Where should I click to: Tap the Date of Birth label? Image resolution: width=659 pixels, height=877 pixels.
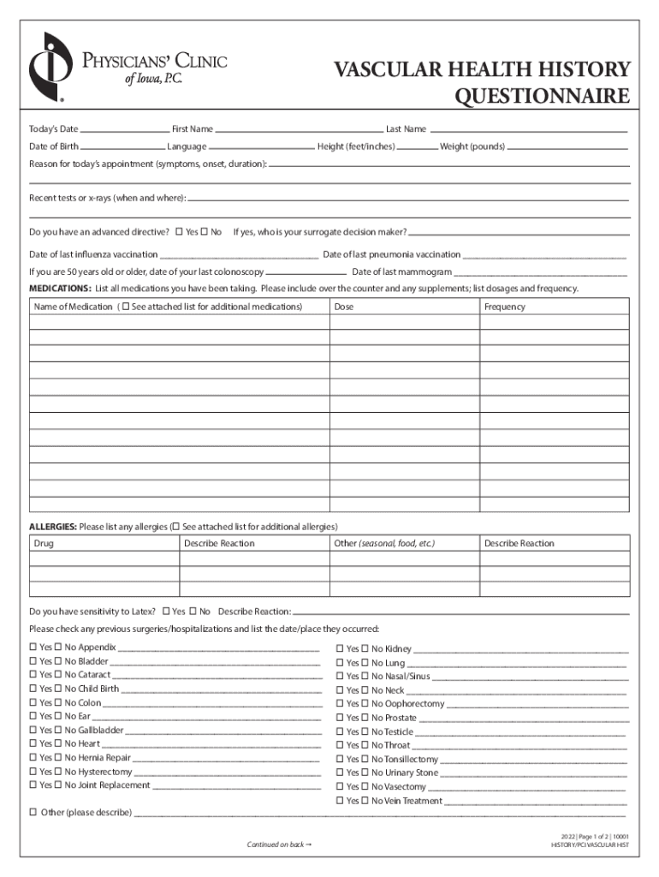coord(54,146)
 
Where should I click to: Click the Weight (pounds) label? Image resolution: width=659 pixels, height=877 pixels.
coord(472,146)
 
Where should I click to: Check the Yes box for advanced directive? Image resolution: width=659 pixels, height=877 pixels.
coord(179,231)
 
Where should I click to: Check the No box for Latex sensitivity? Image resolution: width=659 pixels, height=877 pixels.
coord(193,612)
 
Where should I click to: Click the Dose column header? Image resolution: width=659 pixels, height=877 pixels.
coord(344,307)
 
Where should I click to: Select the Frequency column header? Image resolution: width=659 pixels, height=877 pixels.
coord(504,307)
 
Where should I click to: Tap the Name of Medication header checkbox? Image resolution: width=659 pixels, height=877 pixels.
coord(126,307)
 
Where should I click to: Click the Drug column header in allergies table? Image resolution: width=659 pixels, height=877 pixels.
coord(44,543)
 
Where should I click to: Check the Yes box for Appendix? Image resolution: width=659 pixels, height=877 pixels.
coord(33,647)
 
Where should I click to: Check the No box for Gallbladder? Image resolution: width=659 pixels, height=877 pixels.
coord(58,731)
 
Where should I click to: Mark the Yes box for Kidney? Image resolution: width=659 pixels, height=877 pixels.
coord(341,649)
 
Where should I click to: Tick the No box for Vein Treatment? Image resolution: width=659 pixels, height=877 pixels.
coord(365,801)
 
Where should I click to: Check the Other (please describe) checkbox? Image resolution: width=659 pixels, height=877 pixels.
coord(33,812)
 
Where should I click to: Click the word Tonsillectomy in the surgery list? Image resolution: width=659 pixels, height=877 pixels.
coord(412,760)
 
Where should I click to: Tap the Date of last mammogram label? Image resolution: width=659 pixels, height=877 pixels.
coord(401,271)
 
